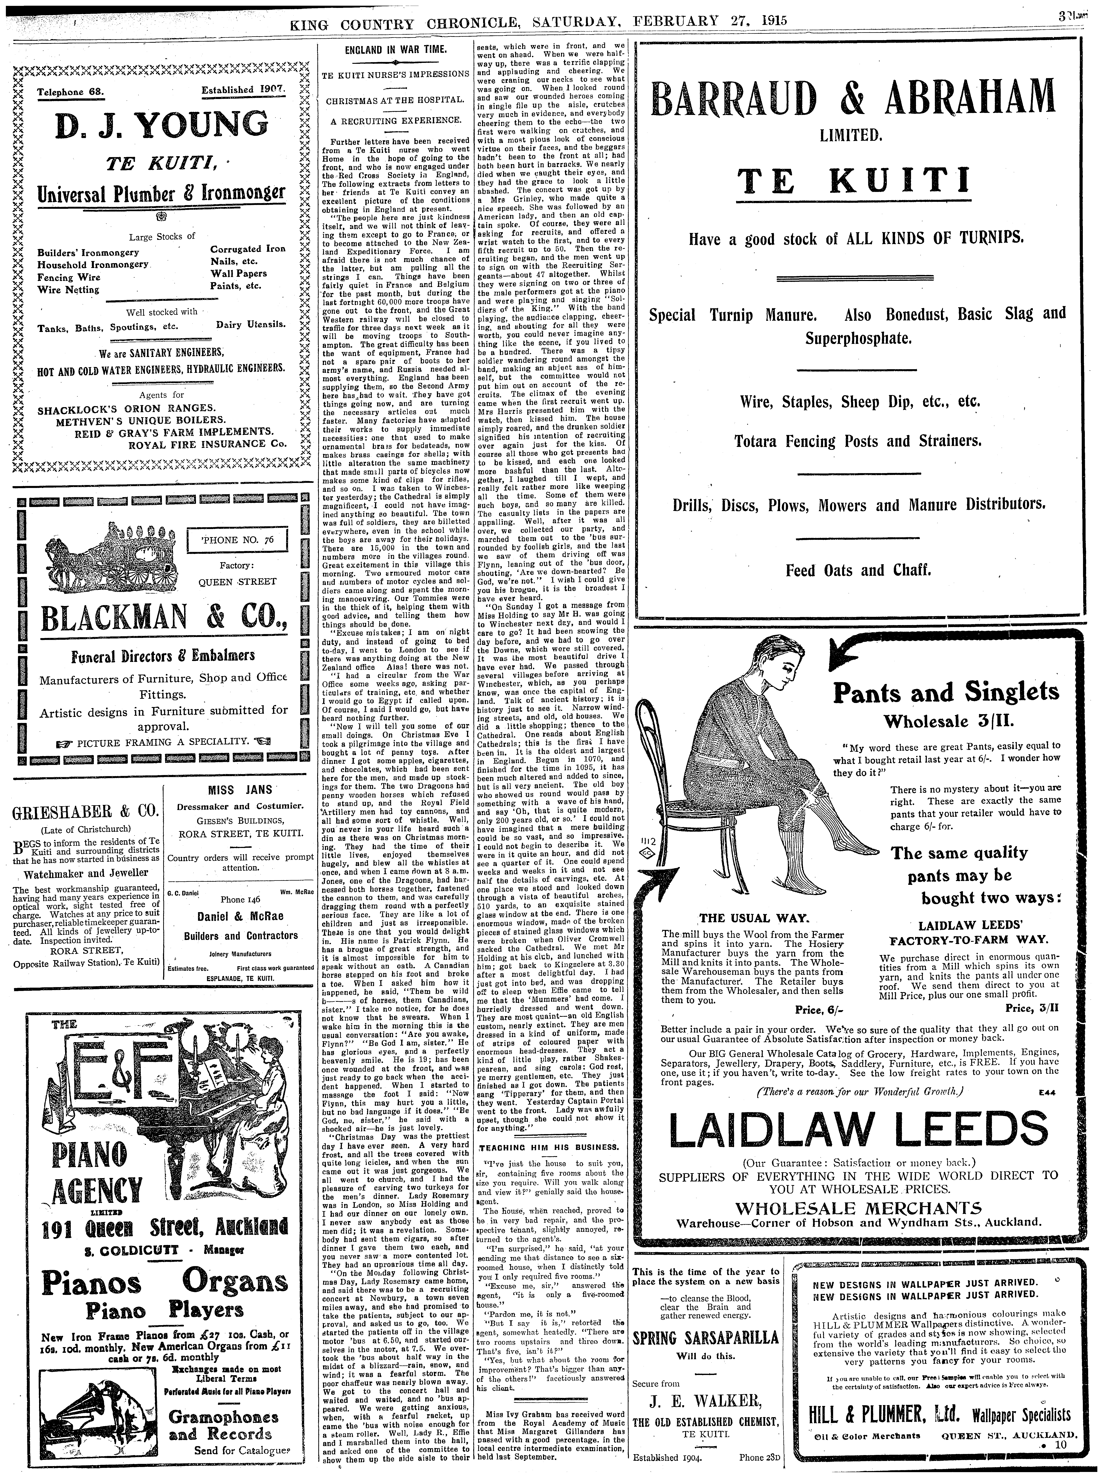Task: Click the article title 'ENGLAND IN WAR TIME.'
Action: [395, 49]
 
